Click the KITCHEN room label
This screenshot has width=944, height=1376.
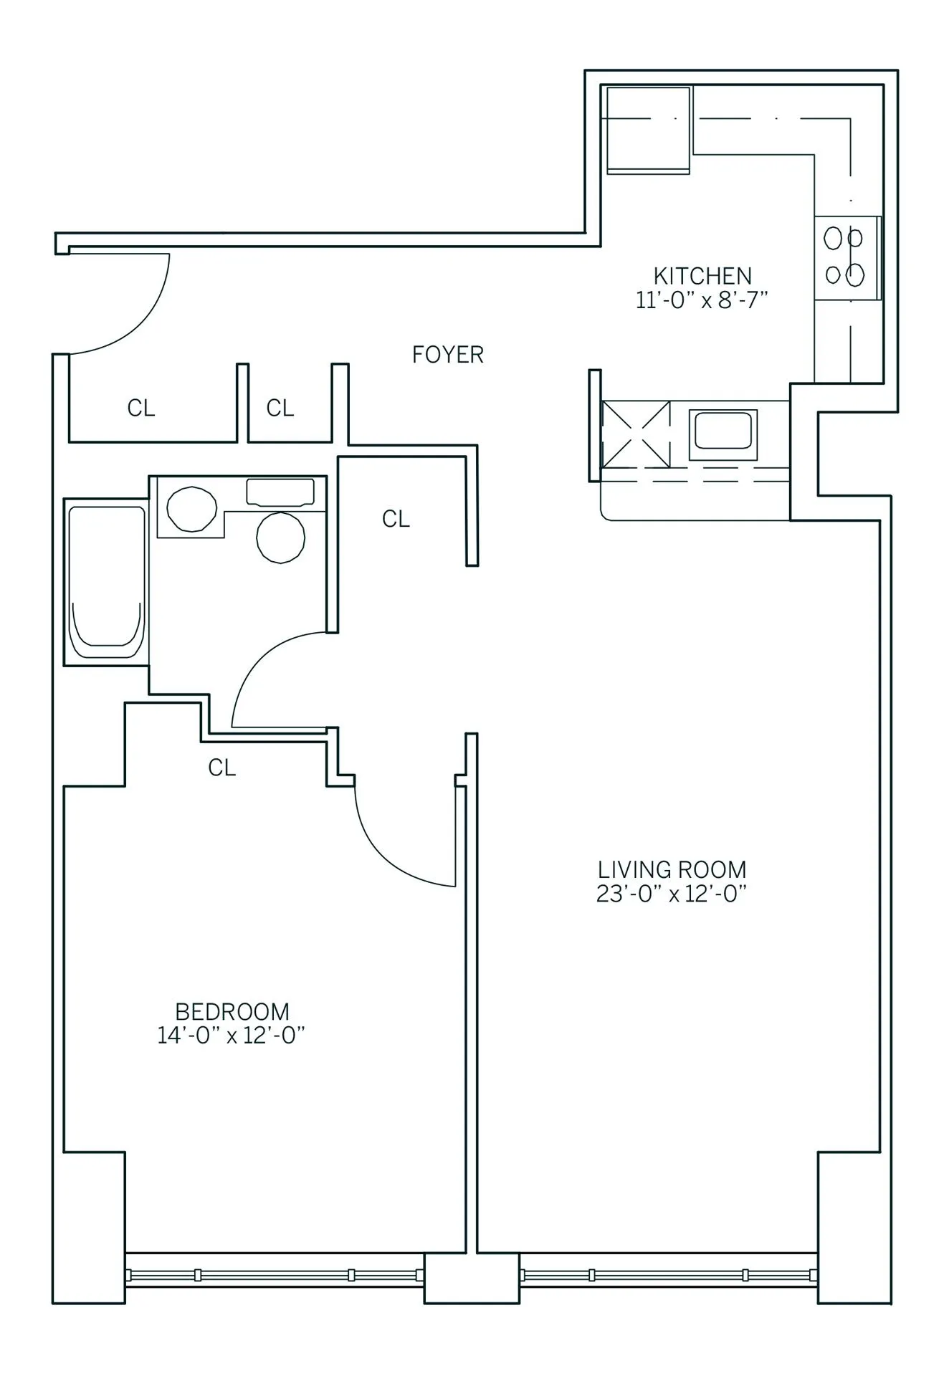702,276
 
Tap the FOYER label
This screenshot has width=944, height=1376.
447,355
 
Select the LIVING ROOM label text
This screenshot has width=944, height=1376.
672,870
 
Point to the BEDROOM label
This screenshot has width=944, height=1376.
232,1012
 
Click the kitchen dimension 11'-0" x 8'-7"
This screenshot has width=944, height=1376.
702,300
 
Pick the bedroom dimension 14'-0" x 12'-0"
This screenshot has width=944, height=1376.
232,1036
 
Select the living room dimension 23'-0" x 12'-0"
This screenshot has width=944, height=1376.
672,894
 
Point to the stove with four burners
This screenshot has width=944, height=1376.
846,257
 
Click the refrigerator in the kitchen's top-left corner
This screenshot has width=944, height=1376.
648,130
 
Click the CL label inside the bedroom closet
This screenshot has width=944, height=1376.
221,768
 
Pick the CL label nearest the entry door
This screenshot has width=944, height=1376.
141,408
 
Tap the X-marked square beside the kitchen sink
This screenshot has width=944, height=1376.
636,434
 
